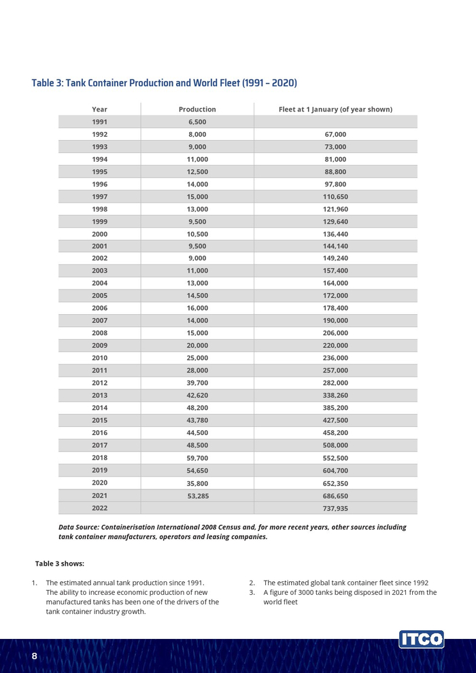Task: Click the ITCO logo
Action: [422, 640]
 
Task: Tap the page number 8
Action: [35, 657]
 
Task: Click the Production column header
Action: [197, 109]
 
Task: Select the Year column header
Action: [99, 109]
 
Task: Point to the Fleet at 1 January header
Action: [335, 109]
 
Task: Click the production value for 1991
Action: [197, 122]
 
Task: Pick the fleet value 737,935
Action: [335, 508]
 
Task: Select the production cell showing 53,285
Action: [197, 496]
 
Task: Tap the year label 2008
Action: [99, 333]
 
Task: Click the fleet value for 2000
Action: [335, 234]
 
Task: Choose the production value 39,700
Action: [197, 383]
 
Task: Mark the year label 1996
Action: [99, 184]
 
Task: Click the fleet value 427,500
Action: [335, 420]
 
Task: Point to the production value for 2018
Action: [197, 458]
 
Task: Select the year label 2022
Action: [99, 508]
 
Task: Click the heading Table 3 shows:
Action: [59, 564]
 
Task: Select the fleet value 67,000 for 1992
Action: [335, 135]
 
